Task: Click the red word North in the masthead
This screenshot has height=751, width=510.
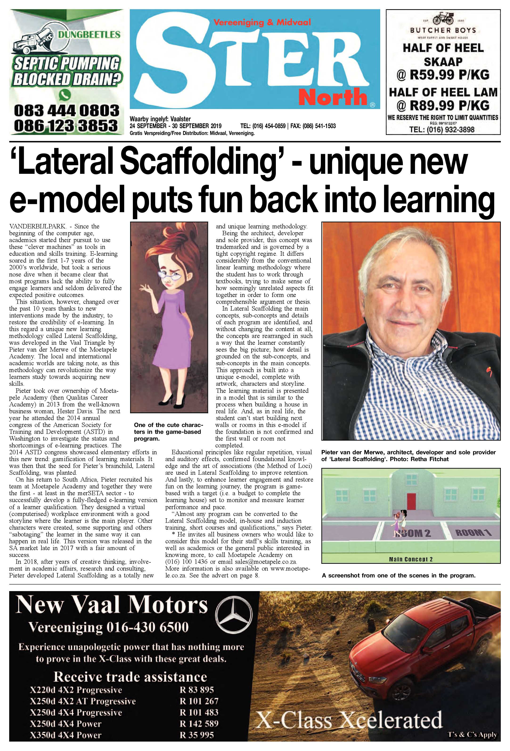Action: pyautogui.click(x=333, y=97)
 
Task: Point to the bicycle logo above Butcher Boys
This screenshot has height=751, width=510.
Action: pyautogui.click(x=443, y=19)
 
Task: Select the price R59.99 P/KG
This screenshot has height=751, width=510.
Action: pyautogui.click(x=449, y=75)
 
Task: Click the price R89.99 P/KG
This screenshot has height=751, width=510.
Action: pyautogui.click(x=449, y=105)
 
